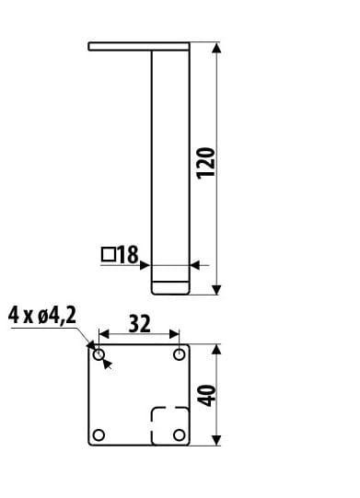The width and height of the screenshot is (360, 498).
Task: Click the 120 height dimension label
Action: [x=206, y=163]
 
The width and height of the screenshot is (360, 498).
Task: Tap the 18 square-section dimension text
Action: [x=128, y=254]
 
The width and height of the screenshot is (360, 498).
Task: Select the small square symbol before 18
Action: [x=109, y=254]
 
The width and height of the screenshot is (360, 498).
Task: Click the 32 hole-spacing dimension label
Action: [x=139, y=324]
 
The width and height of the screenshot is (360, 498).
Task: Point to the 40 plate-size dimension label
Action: [x=206, y=396]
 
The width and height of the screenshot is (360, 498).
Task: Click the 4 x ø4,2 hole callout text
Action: [x=42, y=316]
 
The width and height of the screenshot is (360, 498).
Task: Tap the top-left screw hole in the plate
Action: [x=99, y=354]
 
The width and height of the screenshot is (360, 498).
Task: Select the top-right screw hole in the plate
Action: [x=180, y=354]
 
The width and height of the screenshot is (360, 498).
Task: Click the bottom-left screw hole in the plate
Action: [x=99, y=434]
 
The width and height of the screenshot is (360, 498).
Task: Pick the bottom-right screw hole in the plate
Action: [x=180, y=434]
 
